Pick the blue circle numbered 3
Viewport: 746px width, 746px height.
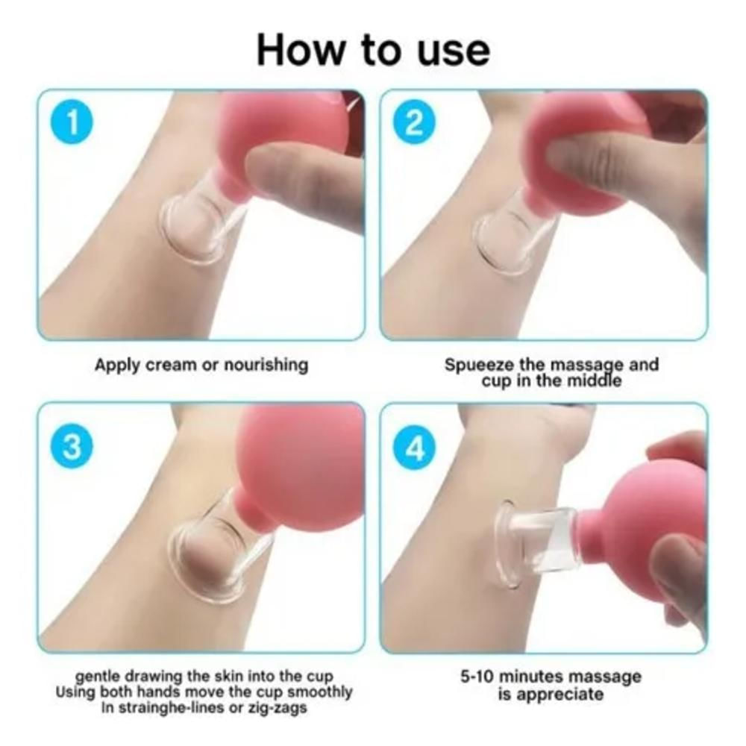click(x=72, y=448)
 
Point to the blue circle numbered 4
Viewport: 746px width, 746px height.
click(x=414, y=448)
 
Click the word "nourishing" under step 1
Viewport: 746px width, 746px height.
click(x=266, y=366)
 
